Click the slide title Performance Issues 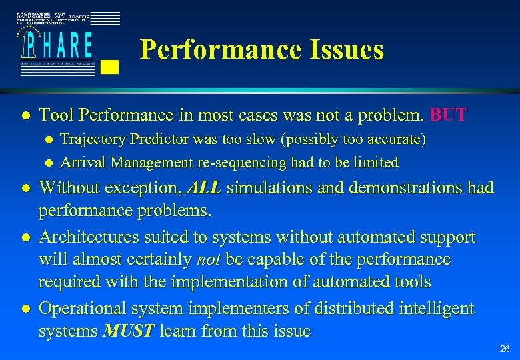[262, 49]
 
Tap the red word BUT [449, 115]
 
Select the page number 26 [505, 349]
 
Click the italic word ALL [204, 188]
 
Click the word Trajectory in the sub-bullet [91, 140]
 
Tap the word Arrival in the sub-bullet [83, 162]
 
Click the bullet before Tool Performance [24, 115]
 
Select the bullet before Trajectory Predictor [47, 141]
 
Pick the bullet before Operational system [24, 309]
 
